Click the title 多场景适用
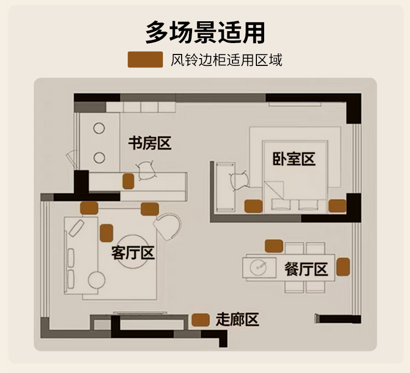point(206,33)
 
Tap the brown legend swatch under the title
point(145,60)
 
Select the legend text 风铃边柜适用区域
point(226,60)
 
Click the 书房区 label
point(149,143)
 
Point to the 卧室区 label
point(294,159)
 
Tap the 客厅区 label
point(133,253)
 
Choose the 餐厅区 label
point(306,269)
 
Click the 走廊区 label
point(237,319)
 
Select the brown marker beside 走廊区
point(200,320)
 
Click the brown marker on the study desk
point(128,181)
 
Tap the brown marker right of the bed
point(337,206)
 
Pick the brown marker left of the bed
point(253,206)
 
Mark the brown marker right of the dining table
point(343,267)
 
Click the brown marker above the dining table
point(274,246)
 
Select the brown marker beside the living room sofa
point(106,233)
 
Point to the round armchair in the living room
point(168,226)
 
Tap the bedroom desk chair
point(239,180)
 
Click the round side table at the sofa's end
point(97,280)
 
